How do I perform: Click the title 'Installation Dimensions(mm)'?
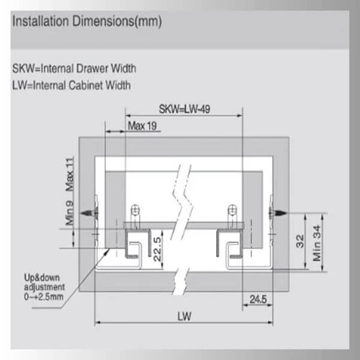pyautogui.click(x=87, y=22)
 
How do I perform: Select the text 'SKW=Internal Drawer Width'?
pyautogui.click(x=74, y=68)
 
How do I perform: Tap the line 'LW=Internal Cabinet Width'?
pyautogui.click(x=71, y=86)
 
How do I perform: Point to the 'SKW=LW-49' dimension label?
pyautogui.click(x=184, y=109)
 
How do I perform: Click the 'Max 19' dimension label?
pyautogui.click(x=142, y=126)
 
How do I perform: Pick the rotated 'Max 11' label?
pyautogui.click(x=70, y=174)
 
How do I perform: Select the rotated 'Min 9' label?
pyautogui.click(x=70, y=213)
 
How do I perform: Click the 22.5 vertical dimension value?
pyautogui.click(x=158, y=249)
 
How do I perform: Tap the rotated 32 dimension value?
pyautogui.click(x=300, y=241)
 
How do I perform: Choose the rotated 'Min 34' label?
pyautogui.click(x=317, y=243)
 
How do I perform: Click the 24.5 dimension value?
pyautogui.click(x=258, y=300)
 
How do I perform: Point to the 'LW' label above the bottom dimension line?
pyautogui.click(x=184, y=316)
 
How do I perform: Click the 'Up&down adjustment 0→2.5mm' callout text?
pyautogui.click(x=44, y=287)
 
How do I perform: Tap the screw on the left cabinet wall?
pyautogui.click(x=89, y=213)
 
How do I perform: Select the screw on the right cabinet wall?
pyautogui.click(x=278, y=213)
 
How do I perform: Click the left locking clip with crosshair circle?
pyautogui.click(x=135, y=215)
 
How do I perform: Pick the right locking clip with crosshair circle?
pyautogui.click(x=233, y=215)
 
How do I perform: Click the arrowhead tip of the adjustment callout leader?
pyautogui.click(x=110, y=248)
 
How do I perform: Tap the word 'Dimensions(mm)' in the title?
pyautogui.click(x=117, y=22)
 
